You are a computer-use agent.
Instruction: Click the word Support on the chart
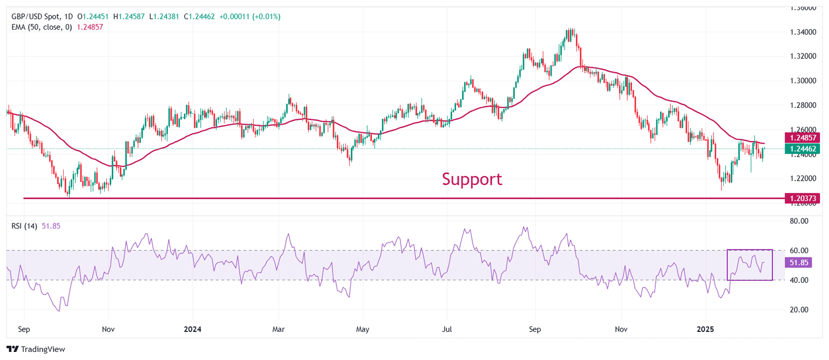click(472, 179)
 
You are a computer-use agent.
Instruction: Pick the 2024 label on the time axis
click(193, 328)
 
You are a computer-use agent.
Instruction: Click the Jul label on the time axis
click(447, 328)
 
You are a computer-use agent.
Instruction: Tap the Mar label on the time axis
click(279, 328)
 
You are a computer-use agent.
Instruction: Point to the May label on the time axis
click(363, 328)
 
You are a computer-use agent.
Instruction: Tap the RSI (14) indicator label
click(24, 226)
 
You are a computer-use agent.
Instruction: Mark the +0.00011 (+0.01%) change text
click(249, 17)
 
